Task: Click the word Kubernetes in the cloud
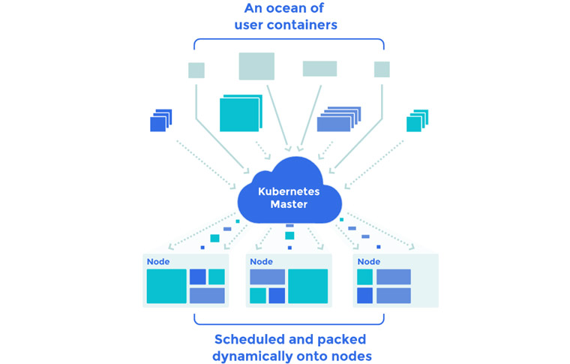coord(289,191)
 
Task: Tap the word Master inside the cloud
coord(289,204)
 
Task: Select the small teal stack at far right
coord(416,122)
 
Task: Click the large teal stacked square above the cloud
coord(239,115)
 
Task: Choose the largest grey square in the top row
coord(256,66)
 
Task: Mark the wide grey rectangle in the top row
coord(319,68)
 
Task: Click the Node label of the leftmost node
coord(158,262)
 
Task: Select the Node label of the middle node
coord(262,262)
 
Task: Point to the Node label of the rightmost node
coord(368,262)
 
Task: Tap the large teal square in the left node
coord(166,286)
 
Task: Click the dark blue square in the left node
coord(197,277)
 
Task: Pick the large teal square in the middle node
coord(307,286)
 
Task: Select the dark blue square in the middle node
coord(277,296)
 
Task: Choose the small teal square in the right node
coord(364,277)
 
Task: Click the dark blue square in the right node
coord(364,296)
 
